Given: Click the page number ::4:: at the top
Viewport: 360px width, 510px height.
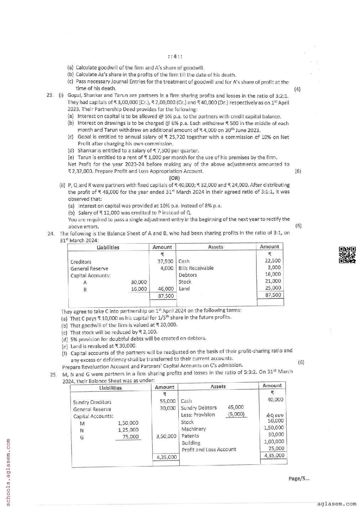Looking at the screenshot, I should pyautogui.click(x=175, y=57).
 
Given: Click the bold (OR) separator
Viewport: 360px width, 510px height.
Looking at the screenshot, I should pyautogui.click(x=174, y=178).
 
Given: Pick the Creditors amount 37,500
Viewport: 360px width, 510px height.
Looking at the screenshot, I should pyautogui.click(x=166, y=261).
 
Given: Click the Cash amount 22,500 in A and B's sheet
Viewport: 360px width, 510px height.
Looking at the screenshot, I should pyautogui.click(x=273, y=261).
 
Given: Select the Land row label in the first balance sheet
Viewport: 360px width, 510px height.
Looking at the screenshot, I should pyautogui.click(x=184, y=288).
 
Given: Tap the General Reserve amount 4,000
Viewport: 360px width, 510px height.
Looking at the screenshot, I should pyautogui.click(x=167, y=268).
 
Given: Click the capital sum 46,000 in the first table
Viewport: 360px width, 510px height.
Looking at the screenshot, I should pyautogui.click(x=166, y=289).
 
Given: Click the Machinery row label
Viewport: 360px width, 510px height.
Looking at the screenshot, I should pyautogui.click(x=193, y=429).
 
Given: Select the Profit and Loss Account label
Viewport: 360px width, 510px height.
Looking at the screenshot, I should pyautogui.click(x=209, y=449).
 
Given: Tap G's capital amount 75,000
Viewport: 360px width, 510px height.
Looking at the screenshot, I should pyautogui.click(x=130, y=437).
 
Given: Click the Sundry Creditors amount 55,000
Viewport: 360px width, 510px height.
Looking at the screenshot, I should pyautogui.click(x=168, y=401).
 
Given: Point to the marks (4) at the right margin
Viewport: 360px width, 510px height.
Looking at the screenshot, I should pyautogui.click(x=297, y=89).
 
